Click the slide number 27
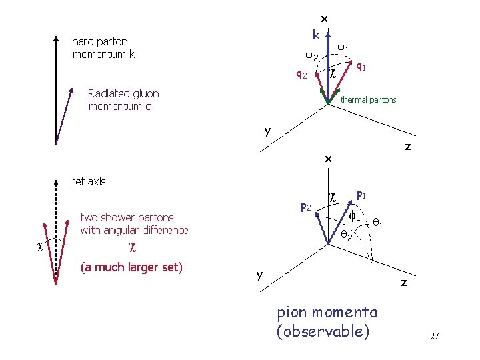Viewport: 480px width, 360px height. click(434, 336)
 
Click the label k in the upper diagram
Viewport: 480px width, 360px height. click(316, 34)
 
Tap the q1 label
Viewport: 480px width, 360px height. click(360, 66)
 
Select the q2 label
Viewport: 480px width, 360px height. click(301, 75)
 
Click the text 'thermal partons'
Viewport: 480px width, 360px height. click(368, 100)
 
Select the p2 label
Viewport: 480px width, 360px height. click(306, 207)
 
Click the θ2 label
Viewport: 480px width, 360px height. click(347, 235)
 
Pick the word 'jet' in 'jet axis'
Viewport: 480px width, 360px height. click(79, 181)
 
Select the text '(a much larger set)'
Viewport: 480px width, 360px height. click(131, 268)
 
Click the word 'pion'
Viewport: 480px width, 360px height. click(291, 312)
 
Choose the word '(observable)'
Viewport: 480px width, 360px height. click(322, 331)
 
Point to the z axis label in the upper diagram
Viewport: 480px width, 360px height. click(407, 147)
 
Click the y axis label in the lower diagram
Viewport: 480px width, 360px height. click(260, 275)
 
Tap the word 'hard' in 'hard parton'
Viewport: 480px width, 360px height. click(84, 41)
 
